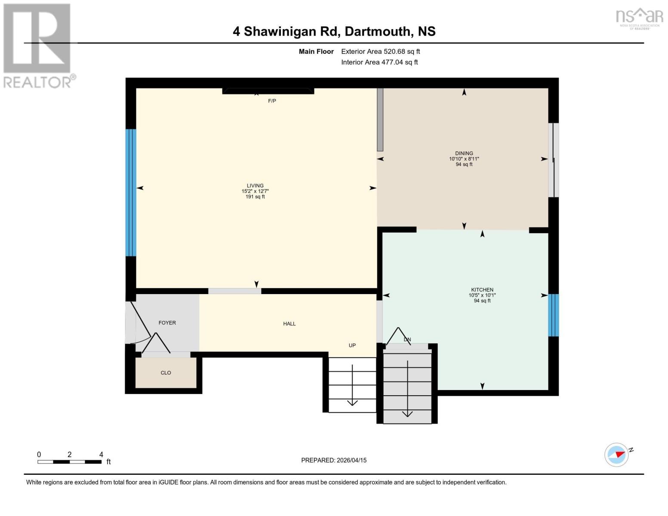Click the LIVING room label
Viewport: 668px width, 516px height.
[255, 186]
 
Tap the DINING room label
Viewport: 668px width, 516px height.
[464, 153]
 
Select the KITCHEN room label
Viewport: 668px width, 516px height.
[482, 290]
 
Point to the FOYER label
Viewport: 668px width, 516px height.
[167, 323]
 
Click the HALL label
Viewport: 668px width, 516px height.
[289, 324]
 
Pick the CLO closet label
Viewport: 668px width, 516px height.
[166, 373]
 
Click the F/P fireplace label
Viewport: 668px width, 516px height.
[272, 101]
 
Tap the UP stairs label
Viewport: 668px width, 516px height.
[352, 345]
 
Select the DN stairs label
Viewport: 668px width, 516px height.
[407, 339]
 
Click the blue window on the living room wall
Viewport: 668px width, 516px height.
[131, 193]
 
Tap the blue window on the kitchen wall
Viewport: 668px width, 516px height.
[554, 315]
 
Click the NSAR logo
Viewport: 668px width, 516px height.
[639, 18]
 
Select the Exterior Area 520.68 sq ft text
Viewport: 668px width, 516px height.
[380, 52]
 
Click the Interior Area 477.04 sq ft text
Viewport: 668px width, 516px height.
[379, 62]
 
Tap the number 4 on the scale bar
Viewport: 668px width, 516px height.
[101, 455]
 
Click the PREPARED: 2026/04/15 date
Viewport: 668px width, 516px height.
[334, 460]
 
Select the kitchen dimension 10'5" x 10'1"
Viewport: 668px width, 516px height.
[482, 295]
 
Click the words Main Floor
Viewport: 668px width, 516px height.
[316, 52]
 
